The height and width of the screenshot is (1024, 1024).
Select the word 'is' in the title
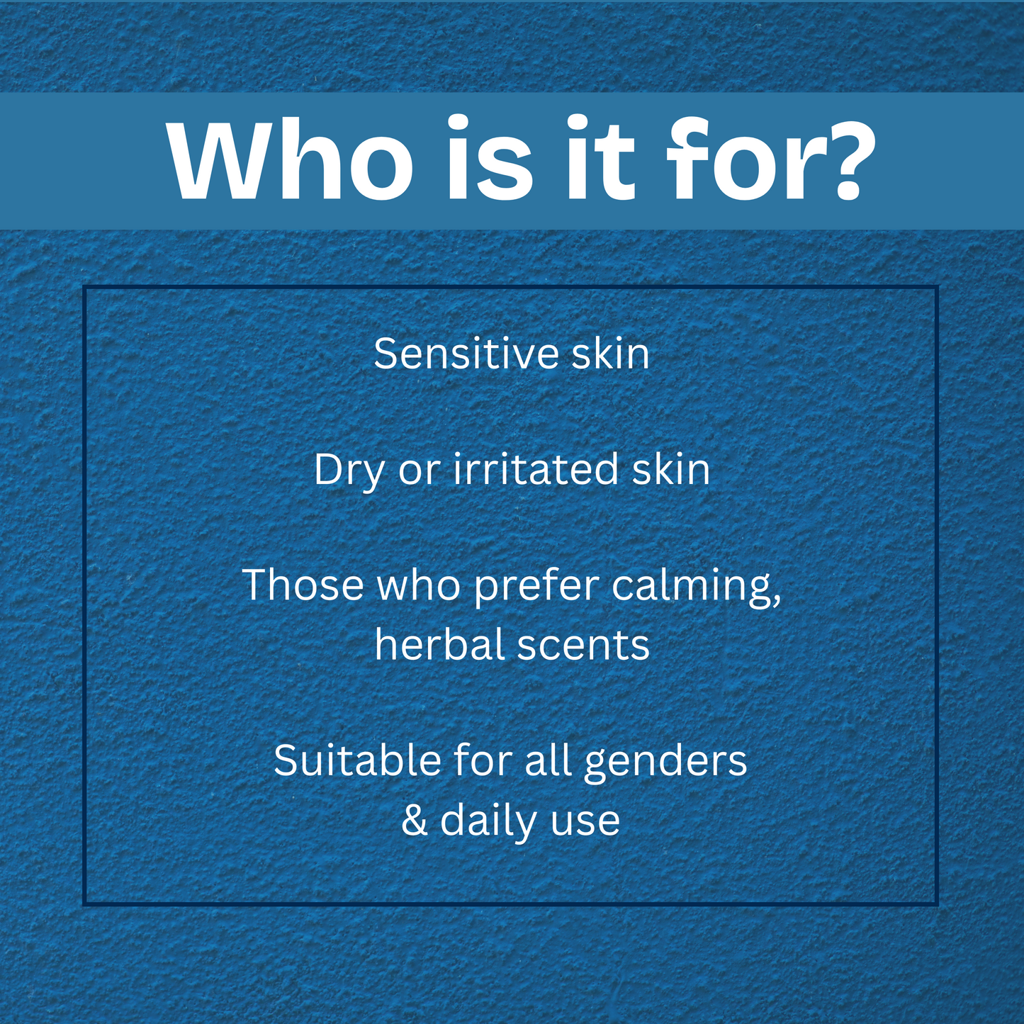490,162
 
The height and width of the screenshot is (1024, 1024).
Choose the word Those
303,586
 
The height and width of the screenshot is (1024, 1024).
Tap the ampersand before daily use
415,821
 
